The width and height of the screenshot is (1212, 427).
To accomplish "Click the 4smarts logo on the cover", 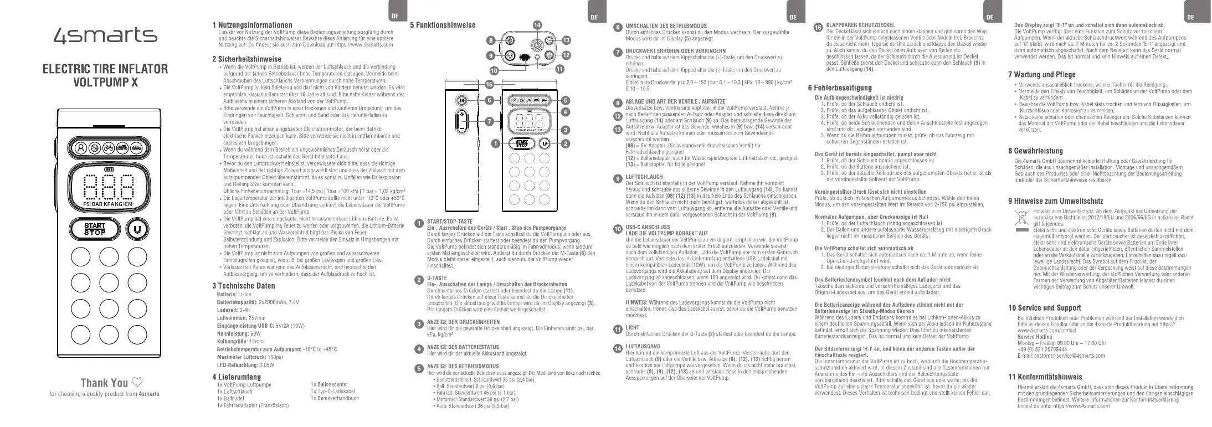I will pos(104,36).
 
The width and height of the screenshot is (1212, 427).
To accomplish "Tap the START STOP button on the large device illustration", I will pos(95,229).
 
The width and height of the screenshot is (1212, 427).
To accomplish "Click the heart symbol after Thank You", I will pos(137,383).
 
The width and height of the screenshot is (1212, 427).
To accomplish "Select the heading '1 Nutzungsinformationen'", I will pos(252,25).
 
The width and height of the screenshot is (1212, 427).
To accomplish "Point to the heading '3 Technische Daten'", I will pos(243,286).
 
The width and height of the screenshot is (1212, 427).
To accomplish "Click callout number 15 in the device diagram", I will pos(489,85).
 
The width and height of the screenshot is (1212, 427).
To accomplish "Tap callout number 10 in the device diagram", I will pos(494,70).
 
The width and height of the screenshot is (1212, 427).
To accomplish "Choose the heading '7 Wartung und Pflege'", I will pos(1041,75).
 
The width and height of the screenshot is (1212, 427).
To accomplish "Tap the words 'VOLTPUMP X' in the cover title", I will pos(105,83).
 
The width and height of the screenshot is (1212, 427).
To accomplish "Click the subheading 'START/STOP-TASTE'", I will pos(450,222).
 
